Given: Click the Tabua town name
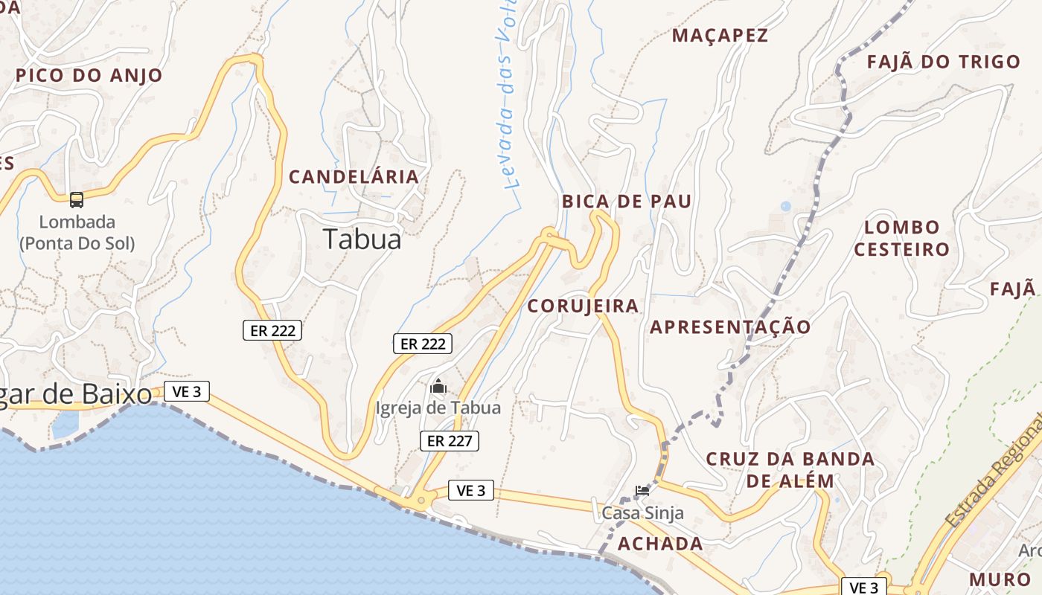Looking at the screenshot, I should tap(362, 239).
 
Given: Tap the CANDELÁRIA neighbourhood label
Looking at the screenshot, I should tap(354, 177).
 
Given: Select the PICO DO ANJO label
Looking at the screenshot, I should tap(89, 75).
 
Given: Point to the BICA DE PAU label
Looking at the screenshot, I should tap(627, 201).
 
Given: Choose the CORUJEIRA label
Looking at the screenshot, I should tap(583, 306).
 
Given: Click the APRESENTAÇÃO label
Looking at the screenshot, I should tap(730, 327).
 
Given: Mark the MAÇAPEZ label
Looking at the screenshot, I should tap(720, 36).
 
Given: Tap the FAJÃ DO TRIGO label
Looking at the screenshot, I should tap(943, 62).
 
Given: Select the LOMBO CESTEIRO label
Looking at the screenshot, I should tap(901, 238).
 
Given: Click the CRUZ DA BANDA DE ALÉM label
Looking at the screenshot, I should tap(790, 469).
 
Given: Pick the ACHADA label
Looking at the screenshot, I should tap(660, 544).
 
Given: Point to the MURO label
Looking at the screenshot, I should tap(999, 579).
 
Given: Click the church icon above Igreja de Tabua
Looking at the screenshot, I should tap(438, 387).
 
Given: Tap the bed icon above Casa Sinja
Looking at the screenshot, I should tap(642, 490).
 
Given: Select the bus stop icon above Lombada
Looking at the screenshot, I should tap(77, 199).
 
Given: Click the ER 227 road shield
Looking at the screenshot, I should tap(449, 441).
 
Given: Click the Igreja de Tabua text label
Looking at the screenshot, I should tap(438, 408).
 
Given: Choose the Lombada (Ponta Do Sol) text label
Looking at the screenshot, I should tap(77, 232).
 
